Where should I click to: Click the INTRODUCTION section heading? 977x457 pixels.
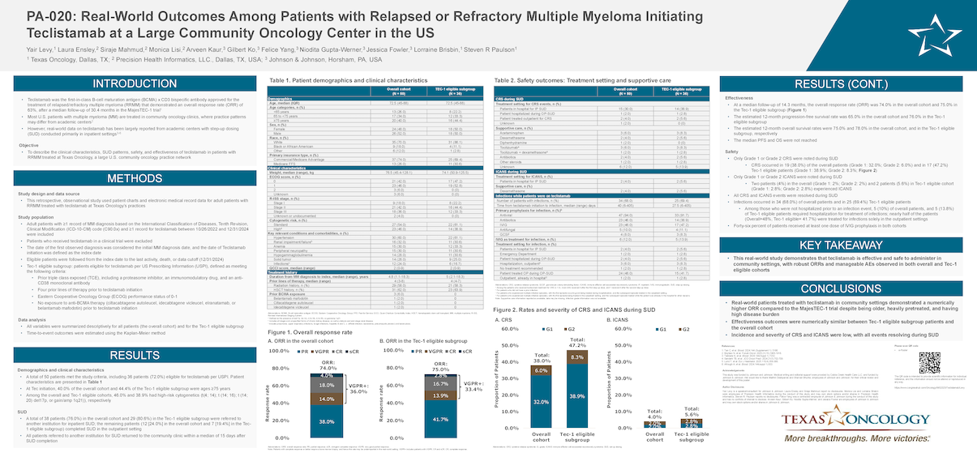[134, 84]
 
